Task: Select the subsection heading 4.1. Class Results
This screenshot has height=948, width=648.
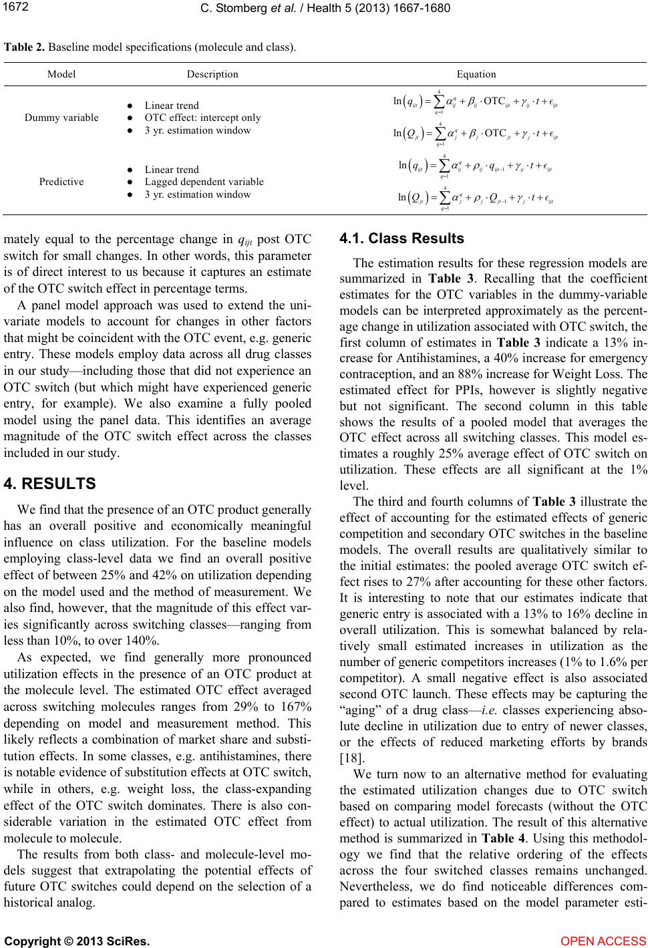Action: pos(401,239)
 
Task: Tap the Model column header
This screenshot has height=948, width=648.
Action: pos(61,74)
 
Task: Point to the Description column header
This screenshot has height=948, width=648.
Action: pos(212,74)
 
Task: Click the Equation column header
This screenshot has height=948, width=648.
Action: pos(476,74)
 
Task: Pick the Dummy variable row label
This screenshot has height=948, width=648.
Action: pos(61,118)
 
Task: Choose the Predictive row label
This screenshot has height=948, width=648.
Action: pos(61,182)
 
